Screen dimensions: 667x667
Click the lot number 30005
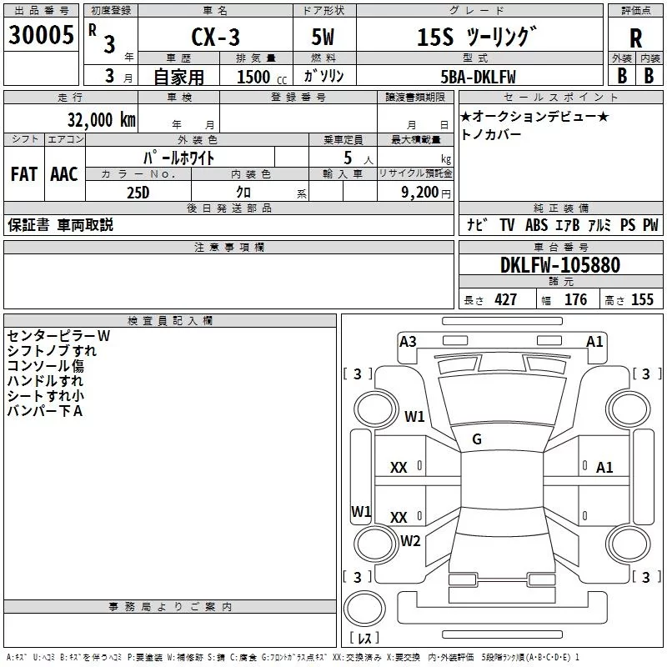tap(41, 35)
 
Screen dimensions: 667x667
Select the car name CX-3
tap(215, 37)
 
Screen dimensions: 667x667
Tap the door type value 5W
tap(323, 37)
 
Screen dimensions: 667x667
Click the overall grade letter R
tap(635, 38)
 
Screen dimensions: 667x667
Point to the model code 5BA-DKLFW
tap(478, 77)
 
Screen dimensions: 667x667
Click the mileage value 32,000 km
tap(102, 120)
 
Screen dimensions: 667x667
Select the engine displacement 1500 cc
tap(262, 77)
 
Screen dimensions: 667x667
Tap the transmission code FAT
tap(24, 174)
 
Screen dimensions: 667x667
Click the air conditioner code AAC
tap(64, 174)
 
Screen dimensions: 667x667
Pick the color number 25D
tap(138, 193)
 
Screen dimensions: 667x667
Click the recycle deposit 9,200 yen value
tap(426, 193)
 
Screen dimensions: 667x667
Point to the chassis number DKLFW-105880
tap(560, 265)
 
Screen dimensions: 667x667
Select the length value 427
tap(506, 299)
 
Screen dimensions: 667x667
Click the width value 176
tap(575, 299)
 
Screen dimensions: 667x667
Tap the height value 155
tap(642, 299)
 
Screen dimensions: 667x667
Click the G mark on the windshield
tap(477, 439)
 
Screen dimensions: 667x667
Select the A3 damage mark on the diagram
tap(408, 342)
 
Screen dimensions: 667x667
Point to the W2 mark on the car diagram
tap(410, 540)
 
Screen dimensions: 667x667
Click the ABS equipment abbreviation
tap(536, 224)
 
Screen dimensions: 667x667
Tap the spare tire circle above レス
tap(364, 609)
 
